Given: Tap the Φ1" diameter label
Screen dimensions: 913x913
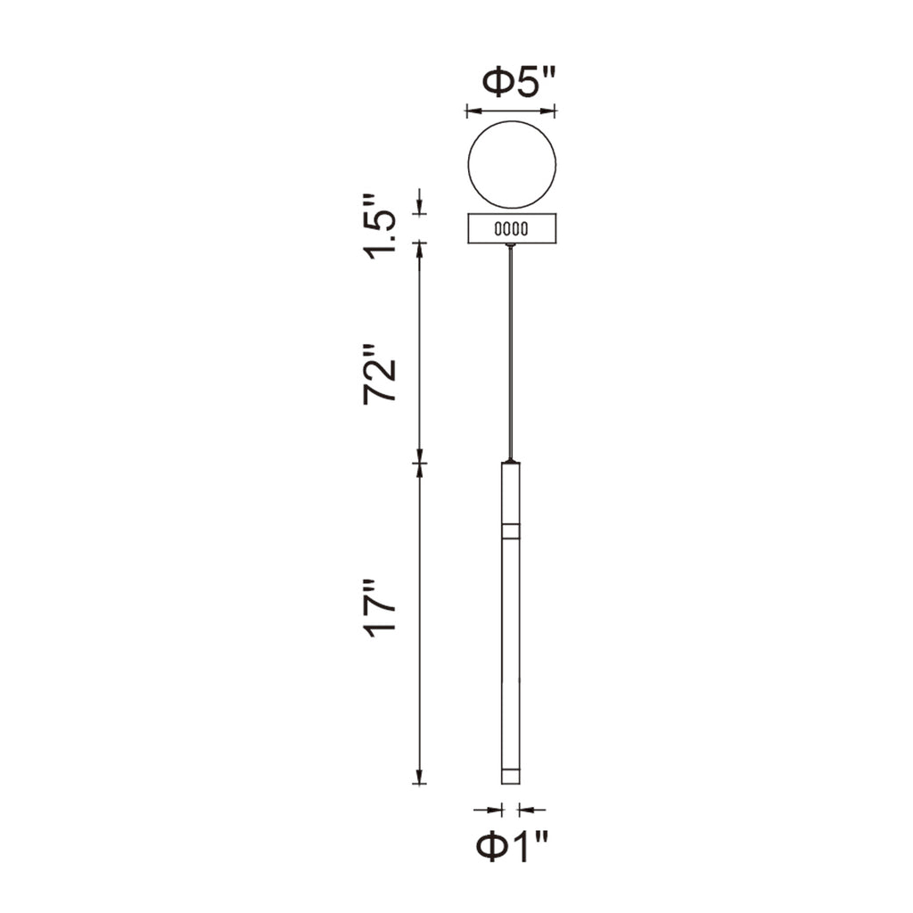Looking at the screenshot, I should (x=511, y=846).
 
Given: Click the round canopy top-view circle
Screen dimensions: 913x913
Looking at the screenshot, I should (x=511, y=164).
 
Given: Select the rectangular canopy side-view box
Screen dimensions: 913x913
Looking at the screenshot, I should (x=511, y=228).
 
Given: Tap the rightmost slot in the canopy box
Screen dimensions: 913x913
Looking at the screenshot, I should (x=524, y=229).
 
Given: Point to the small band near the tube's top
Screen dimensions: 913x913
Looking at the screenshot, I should (x=511, y=531).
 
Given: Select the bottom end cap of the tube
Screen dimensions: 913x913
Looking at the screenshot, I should (x=511, y=775).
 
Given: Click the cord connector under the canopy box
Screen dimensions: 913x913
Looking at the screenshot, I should (x=511, y=245).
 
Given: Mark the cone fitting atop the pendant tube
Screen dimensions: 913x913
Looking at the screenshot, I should (x=511, y=461).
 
